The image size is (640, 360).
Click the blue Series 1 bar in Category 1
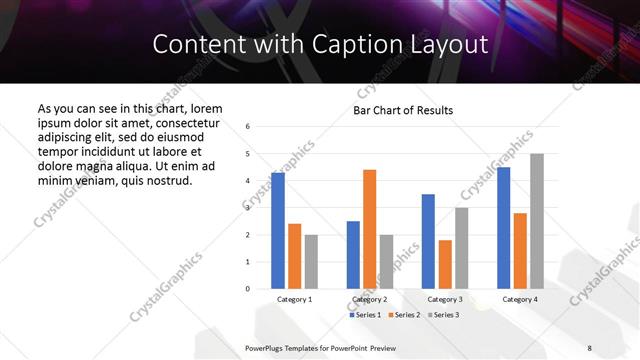tap(277, 231)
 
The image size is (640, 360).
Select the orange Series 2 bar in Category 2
tap(369, 229)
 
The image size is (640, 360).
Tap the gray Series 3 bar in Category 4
tap(537, 221)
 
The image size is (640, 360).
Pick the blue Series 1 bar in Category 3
tap(428, 241)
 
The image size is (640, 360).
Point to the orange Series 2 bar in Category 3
tap(445, 264)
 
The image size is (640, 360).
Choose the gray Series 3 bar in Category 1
tap(311, 262)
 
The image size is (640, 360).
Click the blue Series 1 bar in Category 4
tap(503, 228)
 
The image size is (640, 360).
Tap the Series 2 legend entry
tap(404, 315)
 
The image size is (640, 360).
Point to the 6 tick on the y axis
tap(247, 126)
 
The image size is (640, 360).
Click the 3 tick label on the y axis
tap(247, 208)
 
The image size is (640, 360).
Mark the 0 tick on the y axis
tap(247, 289)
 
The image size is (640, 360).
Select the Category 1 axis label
tap(294, 299)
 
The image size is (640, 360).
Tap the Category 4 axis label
tap(519, 299)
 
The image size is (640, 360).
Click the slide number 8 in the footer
tap(590, 347)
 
